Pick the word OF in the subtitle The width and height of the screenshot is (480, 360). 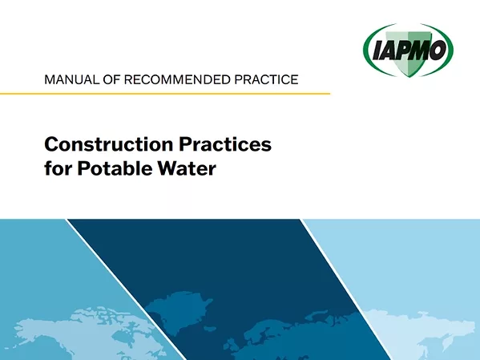tap(117, 79)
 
